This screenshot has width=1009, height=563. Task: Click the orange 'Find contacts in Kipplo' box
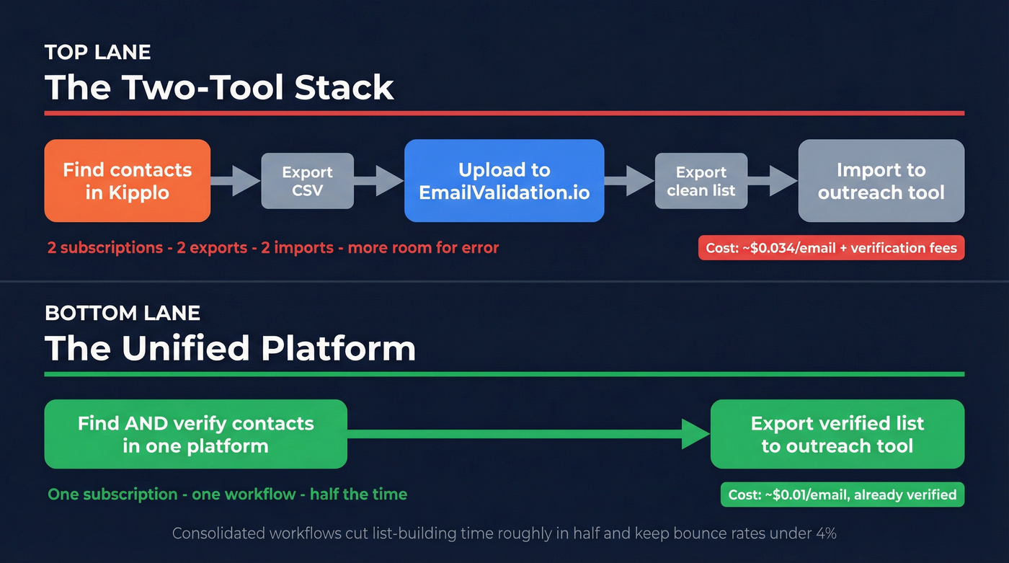[x=128, y=181]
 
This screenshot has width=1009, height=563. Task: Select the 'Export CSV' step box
[x=308, y=181]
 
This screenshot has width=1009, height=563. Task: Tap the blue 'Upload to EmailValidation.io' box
[x=504, y=181]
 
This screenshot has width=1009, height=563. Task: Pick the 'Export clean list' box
[x=701, y=181]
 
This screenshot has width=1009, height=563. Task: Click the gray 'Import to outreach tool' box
[x=881, y=181]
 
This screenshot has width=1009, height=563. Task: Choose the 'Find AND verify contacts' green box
[x=195, y=434]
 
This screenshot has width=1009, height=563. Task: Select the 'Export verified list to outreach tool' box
[x=837, y=434]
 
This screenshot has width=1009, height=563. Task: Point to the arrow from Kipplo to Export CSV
[x=236, y=181]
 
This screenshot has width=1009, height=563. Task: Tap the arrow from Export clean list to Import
[x=773, y=181]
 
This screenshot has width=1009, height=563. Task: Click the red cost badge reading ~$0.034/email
[x=831, y=248]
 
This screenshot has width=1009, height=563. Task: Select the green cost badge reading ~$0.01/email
[x=842, y=495]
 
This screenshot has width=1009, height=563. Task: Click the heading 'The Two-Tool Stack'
[x=220, y=88]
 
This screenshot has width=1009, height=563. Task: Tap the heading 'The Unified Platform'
[x=231, y=349]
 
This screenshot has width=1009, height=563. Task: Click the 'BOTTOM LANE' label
[x=123, y=313]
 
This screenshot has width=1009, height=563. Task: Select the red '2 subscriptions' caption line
[x=273, y=248]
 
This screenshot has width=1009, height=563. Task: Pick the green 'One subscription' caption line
[x=227, y=495]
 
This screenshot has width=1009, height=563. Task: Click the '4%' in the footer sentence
[x=824, y=534]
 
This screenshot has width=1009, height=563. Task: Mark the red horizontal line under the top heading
[x=504, y=113]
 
